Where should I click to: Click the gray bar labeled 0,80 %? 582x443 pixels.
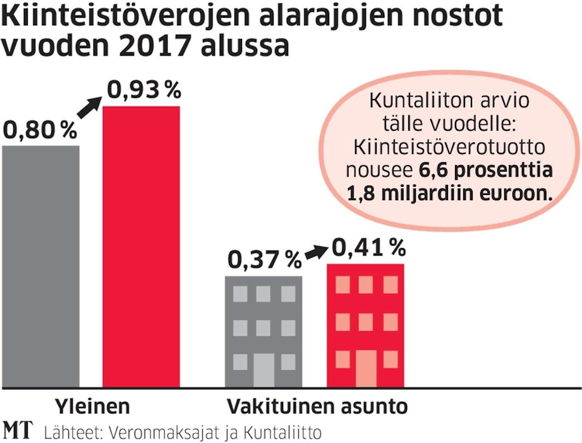[41, 265]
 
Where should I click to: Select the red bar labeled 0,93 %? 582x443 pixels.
[142, 246]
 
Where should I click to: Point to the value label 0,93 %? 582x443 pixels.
[143, 91]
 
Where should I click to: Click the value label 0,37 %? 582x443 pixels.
[264, 259]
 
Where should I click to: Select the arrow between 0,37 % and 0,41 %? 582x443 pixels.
[313, 252]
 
